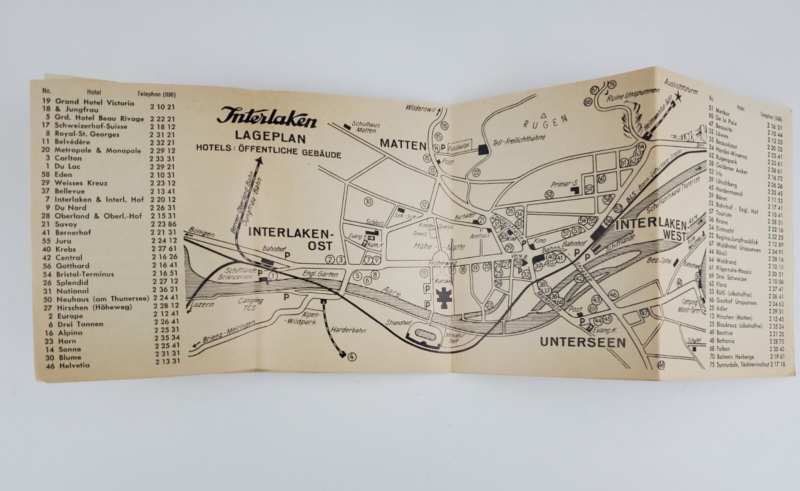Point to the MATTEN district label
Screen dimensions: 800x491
402,144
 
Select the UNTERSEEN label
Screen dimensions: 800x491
583,342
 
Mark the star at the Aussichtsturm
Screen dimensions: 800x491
677,97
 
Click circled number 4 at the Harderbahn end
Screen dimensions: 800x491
352,356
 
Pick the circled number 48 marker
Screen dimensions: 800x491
661,365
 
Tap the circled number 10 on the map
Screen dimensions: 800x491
368,201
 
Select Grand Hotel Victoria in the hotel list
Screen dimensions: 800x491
94,103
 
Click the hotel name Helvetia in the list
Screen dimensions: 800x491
74,365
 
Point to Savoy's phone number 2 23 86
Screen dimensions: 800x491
163,224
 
